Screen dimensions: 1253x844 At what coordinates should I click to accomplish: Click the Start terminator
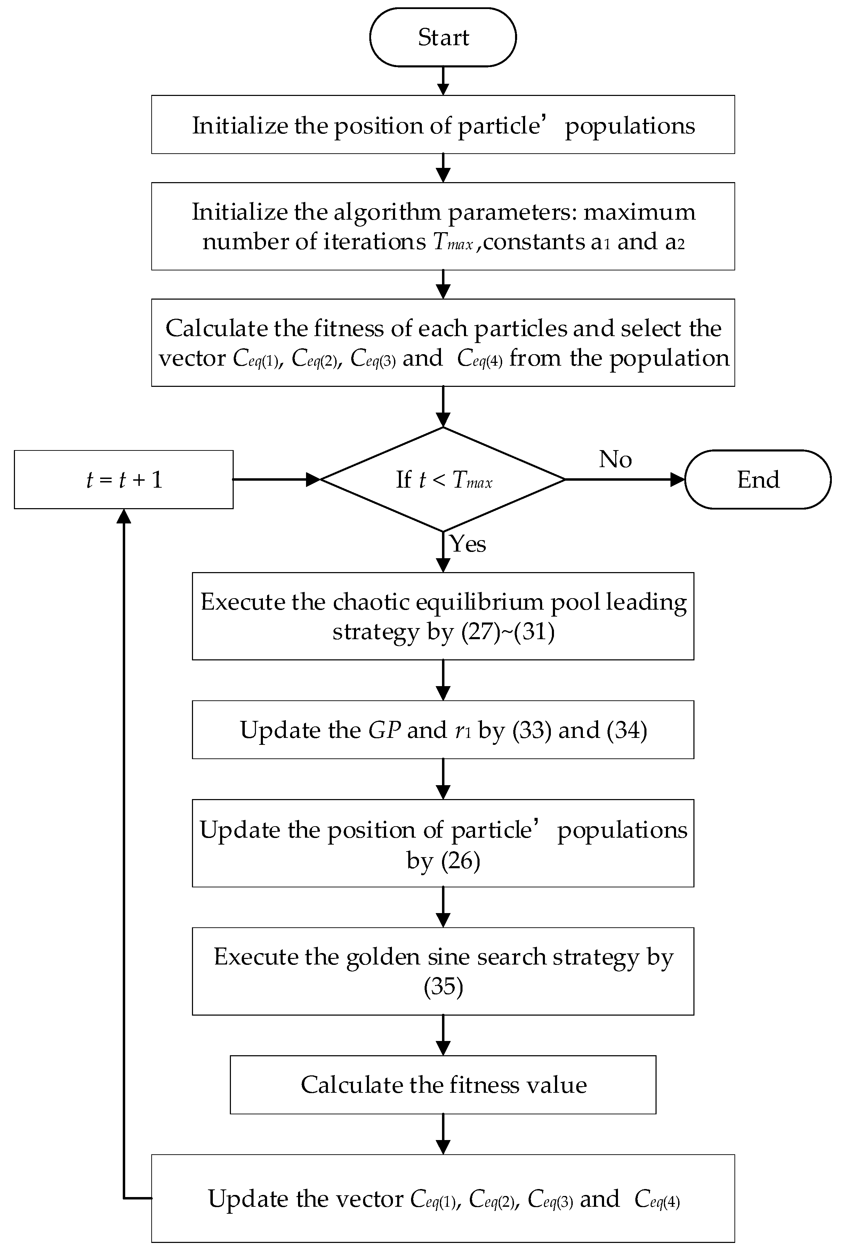[x=443, y=38]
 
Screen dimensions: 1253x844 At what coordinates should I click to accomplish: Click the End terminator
[x=757, y=479]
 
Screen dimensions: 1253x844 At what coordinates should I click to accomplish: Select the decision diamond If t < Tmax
[x=443, y=479]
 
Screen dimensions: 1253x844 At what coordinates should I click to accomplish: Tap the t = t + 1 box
[x=124, y=479]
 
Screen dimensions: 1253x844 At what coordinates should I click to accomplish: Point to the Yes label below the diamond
[x=468, y=544]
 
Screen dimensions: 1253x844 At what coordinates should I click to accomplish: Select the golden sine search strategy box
[x=443, y=971]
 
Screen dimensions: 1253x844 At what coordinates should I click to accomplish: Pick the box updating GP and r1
[x=443, y=730]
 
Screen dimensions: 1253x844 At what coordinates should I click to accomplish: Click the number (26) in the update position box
[x=460, y=861]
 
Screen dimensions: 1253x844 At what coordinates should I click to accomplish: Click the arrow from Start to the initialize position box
[x=443, y=81]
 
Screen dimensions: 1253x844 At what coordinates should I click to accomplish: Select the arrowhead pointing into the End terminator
[x=677, y=479]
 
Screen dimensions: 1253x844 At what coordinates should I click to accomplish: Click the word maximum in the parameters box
[x=640, y=212]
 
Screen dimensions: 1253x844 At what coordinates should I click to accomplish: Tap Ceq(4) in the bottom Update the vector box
[x=657, y=1199]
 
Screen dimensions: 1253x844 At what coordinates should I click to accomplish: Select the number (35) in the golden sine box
[x=443, y=987]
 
